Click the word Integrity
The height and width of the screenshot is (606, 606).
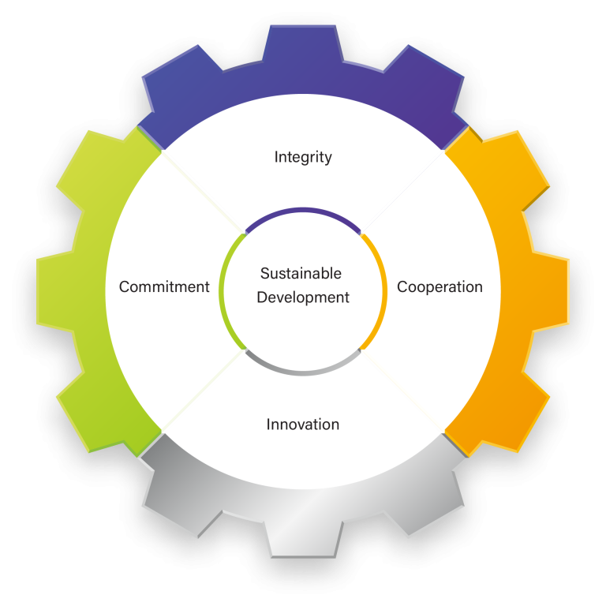pyautogui.click(x=303, y=157)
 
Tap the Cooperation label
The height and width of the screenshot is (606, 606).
pyautogui.click(x=440, y=286)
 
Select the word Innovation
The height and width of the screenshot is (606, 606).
pyautogui.click(x=303, y=425)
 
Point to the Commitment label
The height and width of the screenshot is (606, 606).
pyautogui.click(x=164, y=286)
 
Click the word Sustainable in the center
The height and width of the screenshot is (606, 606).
pyautogui.click(x=301, y=274)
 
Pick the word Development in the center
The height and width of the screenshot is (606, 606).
pyautogui.click(x=303, y=297)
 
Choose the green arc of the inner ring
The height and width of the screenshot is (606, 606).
pyautogui.click(x=223, y=290)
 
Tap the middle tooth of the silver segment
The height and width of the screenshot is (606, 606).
pyautogui.click(x=303, y=537)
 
